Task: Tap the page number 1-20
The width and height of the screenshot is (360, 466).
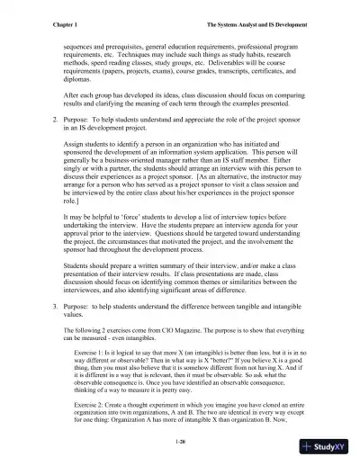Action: [x=181, y=444]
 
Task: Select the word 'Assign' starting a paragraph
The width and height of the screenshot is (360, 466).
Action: [x=75, y=143]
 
